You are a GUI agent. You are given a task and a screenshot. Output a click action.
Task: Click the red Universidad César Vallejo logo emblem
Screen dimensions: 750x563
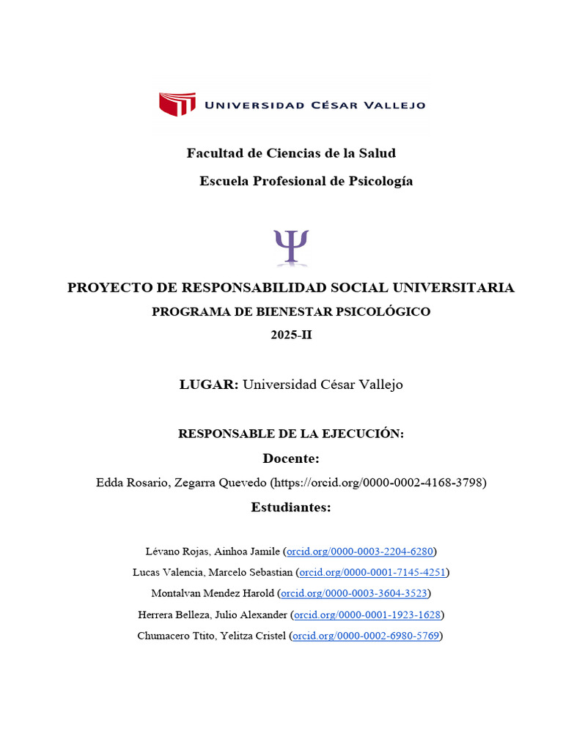tap(177, 104)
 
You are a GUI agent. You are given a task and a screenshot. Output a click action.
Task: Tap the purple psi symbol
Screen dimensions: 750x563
tap(291, 246)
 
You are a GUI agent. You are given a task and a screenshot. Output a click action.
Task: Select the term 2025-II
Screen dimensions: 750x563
tap(291, 335)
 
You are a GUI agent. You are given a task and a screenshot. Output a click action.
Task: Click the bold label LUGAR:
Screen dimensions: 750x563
tap(209, 384)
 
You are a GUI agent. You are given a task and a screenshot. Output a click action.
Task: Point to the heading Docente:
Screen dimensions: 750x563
tap(291, 458)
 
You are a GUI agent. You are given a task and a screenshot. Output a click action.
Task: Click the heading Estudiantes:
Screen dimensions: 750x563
tap(291, 507)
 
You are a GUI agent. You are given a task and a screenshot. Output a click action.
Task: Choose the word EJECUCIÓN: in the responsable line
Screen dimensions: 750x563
tap(364, 434)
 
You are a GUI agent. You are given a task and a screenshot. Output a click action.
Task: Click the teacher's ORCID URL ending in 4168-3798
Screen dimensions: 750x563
tap(378, 483)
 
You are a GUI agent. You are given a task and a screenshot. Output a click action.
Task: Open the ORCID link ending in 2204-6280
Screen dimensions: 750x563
tap(360, 551)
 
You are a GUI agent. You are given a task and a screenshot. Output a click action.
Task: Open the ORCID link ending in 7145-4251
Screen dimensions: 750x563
tap(373, 572)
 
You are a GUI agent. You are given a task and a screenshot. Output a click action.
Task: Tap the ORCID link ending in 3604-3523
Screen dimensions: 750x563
tap(356, 593)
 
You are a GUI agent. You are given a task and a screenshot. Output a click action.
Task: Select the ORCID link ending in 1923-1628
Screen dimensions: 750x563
tap(368, 615)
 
